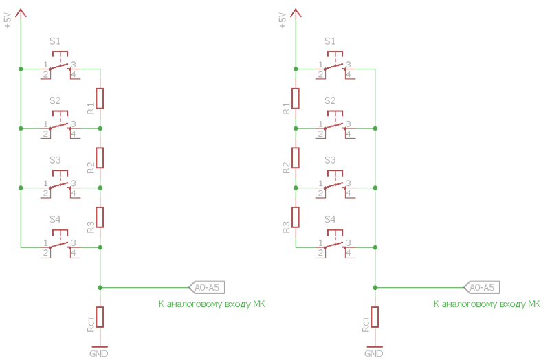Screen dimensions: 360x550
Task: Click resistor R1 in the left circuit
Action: [100, 98]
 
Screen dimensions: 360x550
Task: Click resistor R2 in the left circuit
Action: [100, 157]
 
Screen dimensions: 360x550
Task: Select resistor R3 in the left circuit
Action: [100, 216]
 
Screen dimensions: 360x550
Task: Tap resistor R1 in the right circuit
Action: [296, 98]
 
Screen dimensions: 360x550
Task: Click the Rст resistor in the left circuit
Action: [100, 317]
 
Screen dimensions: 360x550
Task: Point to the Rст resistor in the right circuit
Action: [375, 317]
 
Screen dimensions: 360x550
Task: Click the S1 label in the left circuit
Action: [55, 41]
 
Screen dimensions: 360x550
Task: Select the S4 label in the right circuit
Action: [330, 220]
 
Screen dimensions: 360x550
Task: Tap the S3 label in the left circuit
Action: [55, 160]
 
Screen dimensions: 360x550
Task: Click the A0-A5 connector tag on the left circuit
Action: [207, 287]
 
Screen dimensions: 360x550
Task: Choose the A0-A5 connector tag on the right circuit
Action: [482, 287]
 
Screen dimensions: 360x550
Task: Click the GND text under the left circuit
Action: [99, 353]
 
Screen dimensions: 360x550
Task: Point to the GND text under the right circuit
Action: [373, 353]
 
